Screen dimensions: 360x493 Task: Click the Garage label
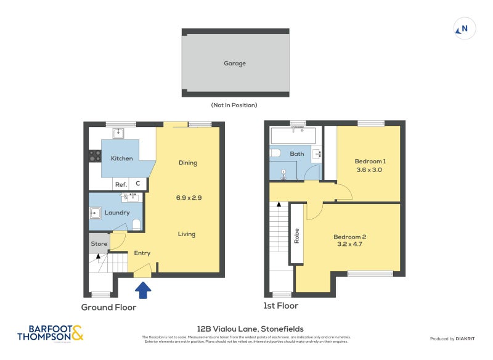pyautogui.click(x=235, y=63)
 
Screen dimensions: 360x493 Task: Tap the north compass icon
pyautogui.click(x=465, y=28)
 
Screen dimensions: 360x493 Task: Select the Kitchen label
pyautogui.click(x=121, y=158)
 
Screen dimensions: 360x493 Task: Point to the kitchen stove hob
pyautogui.click(x=94, y=157)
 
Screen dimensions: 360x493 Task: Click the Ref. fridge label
pyautogui.click(x=121, y=184)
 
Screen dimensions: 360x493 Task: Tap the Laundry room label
pyautogui.click(x=117, y=213)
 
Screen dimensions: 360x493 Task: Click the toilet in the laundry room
pyautogui.click(x=137, y=224)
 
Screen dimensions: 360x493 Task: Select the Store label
pyautogui.click(x=99, y=243)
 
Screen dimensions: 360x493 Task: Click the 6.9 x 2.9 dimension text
pyautogui.click(x=189, y=198)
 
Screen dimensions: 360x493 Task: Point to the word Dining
pyautogui.click(x=187, y=163)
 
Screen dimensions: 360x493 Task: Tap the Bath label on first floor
pyautogui.click(x=297, y=153)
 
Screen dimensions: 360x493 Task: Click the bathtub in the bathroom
pyautogui.click(x=293, y=135)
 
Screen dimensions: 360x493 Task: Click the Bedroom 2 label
pyautogui.click(x=350, y=237)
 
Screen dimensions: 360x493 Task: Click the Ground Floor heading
pyautogui.click(x=109, y=307)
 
